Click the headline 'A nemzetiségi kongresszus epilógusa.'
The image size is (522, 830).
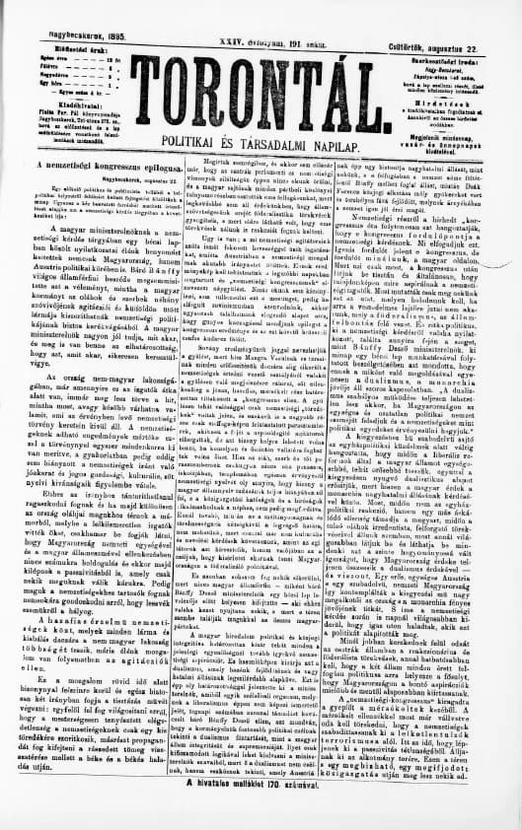coord(93,166)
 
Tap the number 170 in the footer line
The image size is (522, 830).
coord(309,801)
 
